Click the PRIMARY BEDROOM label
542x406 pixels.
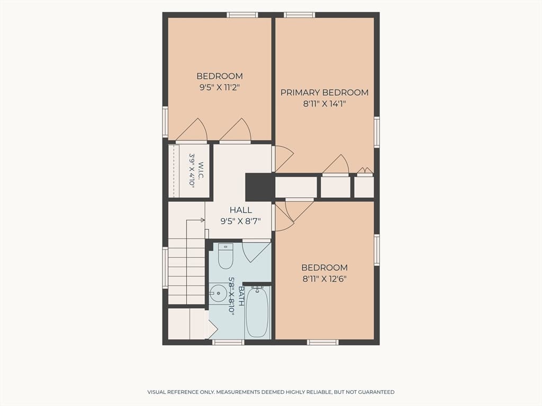324,93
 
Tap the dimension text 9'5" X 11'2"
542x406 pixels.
220,87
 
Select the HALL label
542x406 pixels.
241,210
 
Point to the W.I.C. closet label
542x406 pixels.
201,171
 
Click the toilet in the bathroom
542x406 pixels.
225,256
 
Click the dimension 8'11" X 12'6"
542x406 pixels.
324,279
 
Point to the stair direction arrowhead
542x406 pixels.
203,219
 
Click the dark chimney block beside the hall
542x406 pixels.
259,187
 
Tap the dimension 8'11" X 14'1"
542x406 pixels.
324,104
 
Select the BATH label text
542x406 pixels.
241,296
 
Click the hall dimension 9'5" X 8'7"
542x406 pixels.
241,221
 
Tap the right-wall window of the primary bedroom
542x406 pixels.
377,133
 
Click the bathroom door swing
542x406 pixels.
256,252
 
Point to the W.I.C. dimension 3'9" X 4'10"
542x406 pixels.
192,171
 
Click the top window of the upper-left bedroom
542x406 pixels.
242,15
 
